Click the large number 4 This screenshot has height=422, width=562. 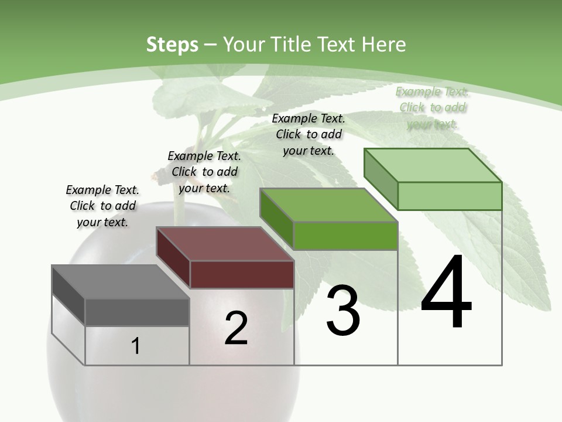[x=446, y=292]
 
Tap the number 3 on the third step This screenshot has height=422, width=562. [x=343, y=311]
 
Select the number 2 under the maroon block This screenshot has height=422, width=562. [x=237, y=328]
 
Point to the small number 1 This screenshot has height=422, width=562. [x=136, y=346]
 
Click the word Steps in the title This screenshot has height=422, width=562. [x=172, y=45]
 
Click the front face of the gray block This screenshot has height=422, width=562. [x=137, y=312]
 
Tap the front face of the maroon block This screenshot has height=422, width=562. [x=242, y=274]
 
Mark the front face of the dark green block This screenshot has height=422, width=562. [x=345, y=236]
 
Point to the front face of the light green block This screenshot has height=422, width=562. [x=450, y=196]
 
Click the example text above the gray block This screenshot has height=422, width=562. [x=102, y=206]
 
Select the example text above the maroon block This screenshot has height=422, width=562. [x=204, y=172]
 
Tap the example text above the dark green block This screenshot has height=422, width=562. [x=309, y=134]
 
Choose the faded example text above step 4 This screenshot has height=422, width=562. [x=432, y=107]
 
